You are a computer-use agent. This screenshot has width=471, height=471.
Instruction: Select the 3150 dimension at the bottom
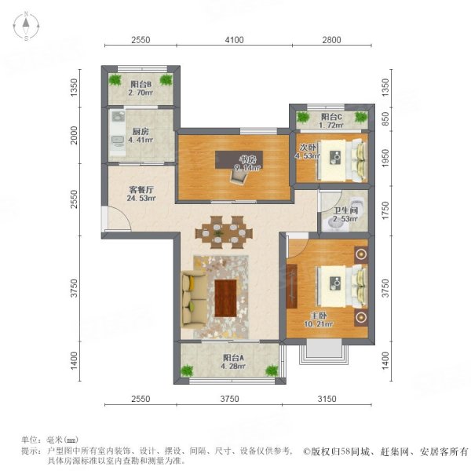coord(327,400)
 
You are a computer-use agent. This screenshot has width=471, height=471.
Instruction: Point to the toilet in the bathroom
coord(330,222)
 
